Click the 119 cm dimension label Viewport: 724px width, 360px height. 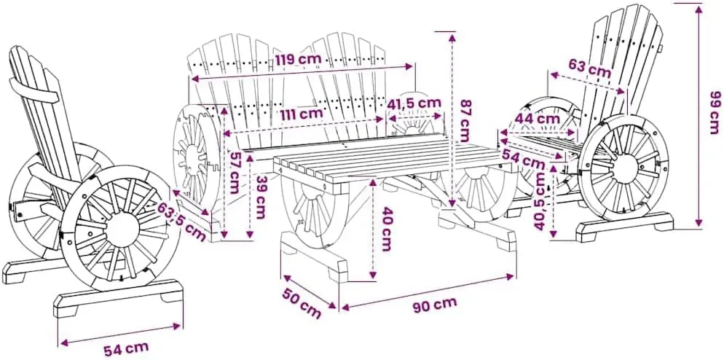pos(299,60)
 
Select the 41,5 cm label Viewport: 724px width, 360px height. pos(414,103)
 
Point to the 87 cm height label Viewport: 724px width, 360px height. pos(464,121)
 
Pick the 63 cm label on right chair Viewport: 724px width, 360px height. pos(590,69)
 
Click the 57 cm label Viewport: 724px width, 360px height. pos(235,173)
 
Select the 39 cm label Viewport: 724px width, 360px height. pos(261,197)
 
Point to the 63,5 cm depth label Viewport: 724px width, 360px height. pos(182,222)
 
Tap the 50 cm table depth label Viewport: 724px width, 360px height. pos(302,303)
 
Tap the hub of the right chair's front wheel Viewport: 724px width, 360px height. pos(623,168)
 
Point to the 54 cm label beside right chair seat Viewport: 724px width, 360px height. pos(523,159)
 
